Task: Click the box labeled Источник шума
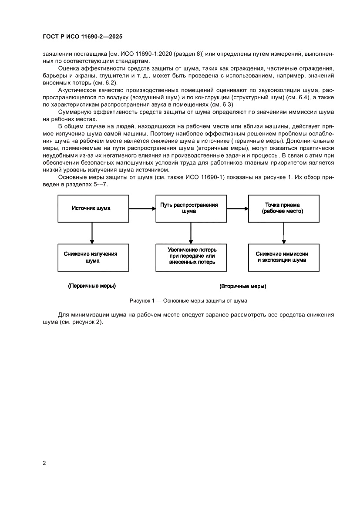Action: pyautogui.click(x=91, y=208)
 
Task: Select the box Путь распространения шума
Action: pyautogui.click(x=189, y=208)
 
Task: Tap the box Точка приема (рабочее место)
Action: pyautogui.click(x=283, y=208)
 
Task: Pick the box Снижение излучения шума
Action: pyautogui.click(x=91, y=257)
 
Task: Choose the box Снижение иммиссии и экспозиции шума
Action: pyautogui.click(x=283, y=257)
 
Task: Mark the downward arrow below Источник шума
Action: pyautogui.click(x=91, y=233)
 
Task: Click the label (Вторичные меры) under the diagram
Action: pyautogui.click(x=243, y=287)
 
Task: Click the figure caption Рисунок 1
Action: pyautogui.click(x=188, y=301)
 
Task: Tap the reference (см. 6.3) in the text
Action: pyautogui.click(x=223, y=104)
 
